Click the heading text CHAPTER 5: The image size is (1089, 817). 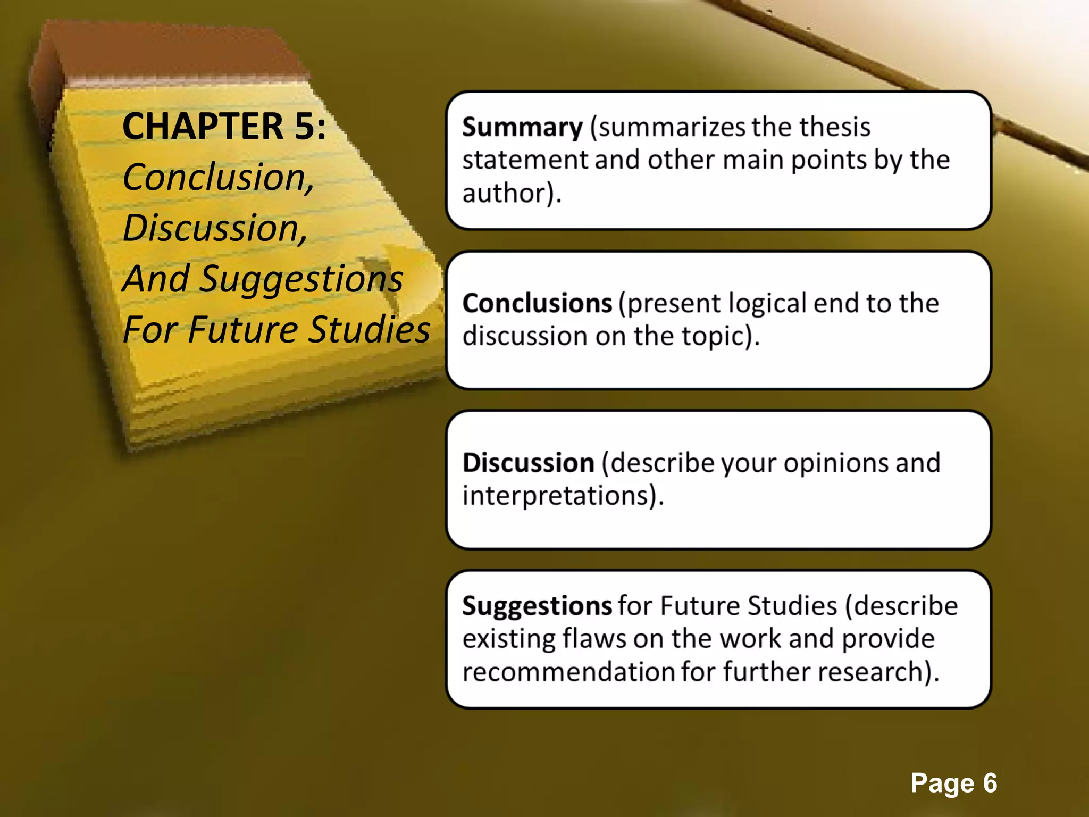tap(224, 127)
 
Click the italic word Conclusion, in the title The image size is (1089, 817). tap(218, 177)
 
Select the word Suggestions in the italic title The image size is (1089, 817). tap(301, 279)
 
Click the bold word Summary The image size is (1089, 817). tap(522, 128)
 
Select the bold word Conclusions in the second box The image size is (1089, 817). tap(537, 303)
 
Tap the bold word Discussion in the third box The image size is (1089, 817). tap(528, 463)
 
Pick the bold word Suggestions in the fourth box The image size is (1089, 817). tap(537, 606)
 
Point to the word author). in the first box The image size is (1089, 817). tap(512, 193)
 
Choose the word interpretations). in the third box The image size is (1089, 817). tap(563, 496)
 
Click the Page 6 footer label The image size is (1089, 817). tap(953, 783)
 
